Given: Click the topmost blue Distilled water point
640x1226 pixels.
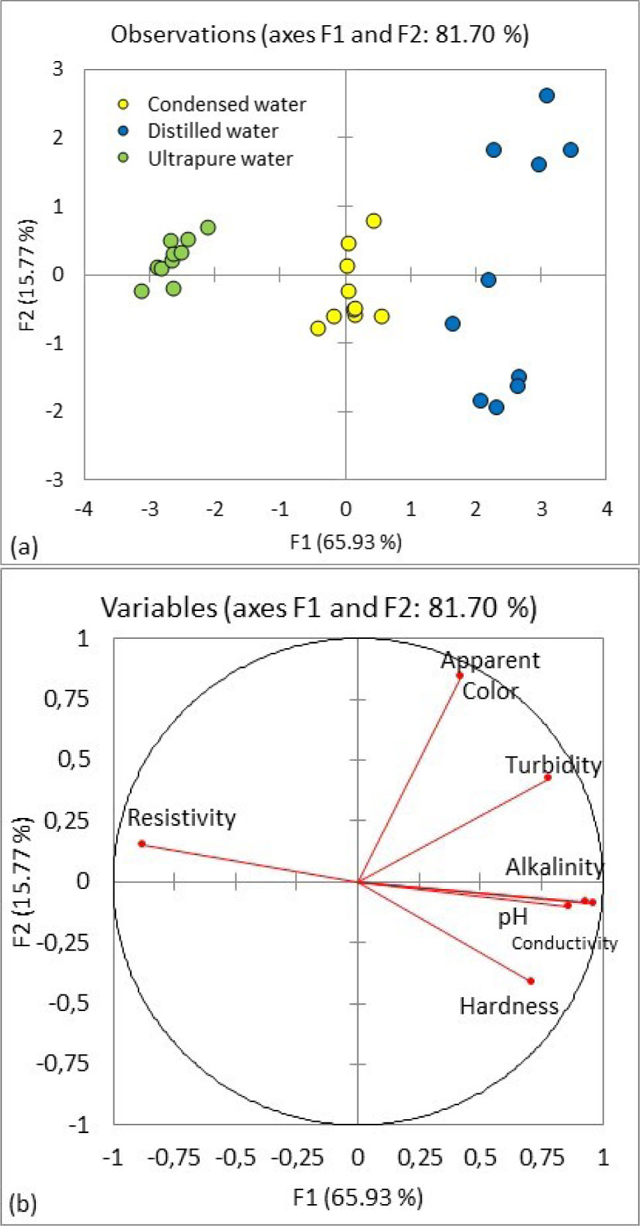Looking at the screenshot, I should tap(546, 96).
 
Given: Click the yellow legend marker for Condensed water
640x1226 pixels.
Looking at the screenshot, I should tap(123, 104).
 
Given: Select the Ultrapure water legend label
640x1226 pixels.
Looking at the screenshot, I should tap(220, 159).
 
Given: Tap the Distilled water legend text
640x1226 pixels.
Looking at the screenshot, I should tap(212, 131).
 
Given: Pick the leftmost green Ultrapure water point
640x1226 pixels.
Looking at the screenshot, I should tap(141, 291).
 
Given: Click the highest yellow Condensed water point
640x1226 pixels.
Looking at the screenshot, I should tap(373, 221).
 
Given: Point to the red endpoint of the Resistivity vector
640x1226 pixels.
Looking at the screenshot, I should tap(142, 844).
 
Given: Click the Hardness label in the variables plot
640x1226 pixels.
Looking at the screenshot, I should tap(509, 1006).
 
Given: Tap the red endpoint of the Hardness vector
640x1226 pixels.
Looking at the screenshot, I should tap(531, 981).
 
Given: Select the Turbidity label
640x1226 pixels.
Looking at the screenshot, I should tap(553, 765).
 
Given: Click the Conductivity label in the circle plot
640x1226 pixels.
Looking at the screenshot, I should tap(564, 943).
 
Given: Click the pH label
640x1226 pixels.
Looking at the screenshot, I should tap(513, 918).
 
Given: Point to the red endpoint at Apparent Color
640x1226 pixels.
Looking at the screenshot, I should tap(460, 675).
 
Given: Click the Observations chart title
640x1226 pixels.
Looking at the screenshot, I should tap(320, 34).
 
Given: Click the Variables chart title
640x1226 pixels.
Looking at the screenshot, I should tap(318, 607).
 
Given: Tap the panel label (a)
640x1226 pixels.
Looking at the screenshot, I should tap(25, 547).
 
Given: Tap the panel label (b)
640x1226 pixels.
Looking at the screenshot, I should tap(25, 1203).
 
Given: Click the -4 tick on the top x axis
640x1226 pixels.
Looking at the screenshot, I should tap(84, 509).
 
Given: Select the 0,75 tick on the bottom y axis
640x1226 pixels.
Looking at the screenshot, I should tap(66, 699).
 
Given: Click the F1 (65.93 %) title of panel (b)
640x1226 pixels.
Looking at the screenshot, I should tap(357, 1197).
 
